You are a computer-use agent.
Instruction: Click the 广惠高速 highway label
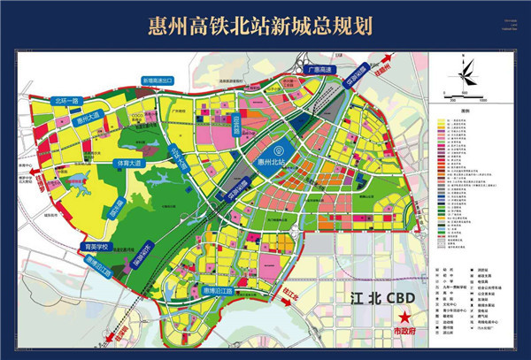tap(319, 68)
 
